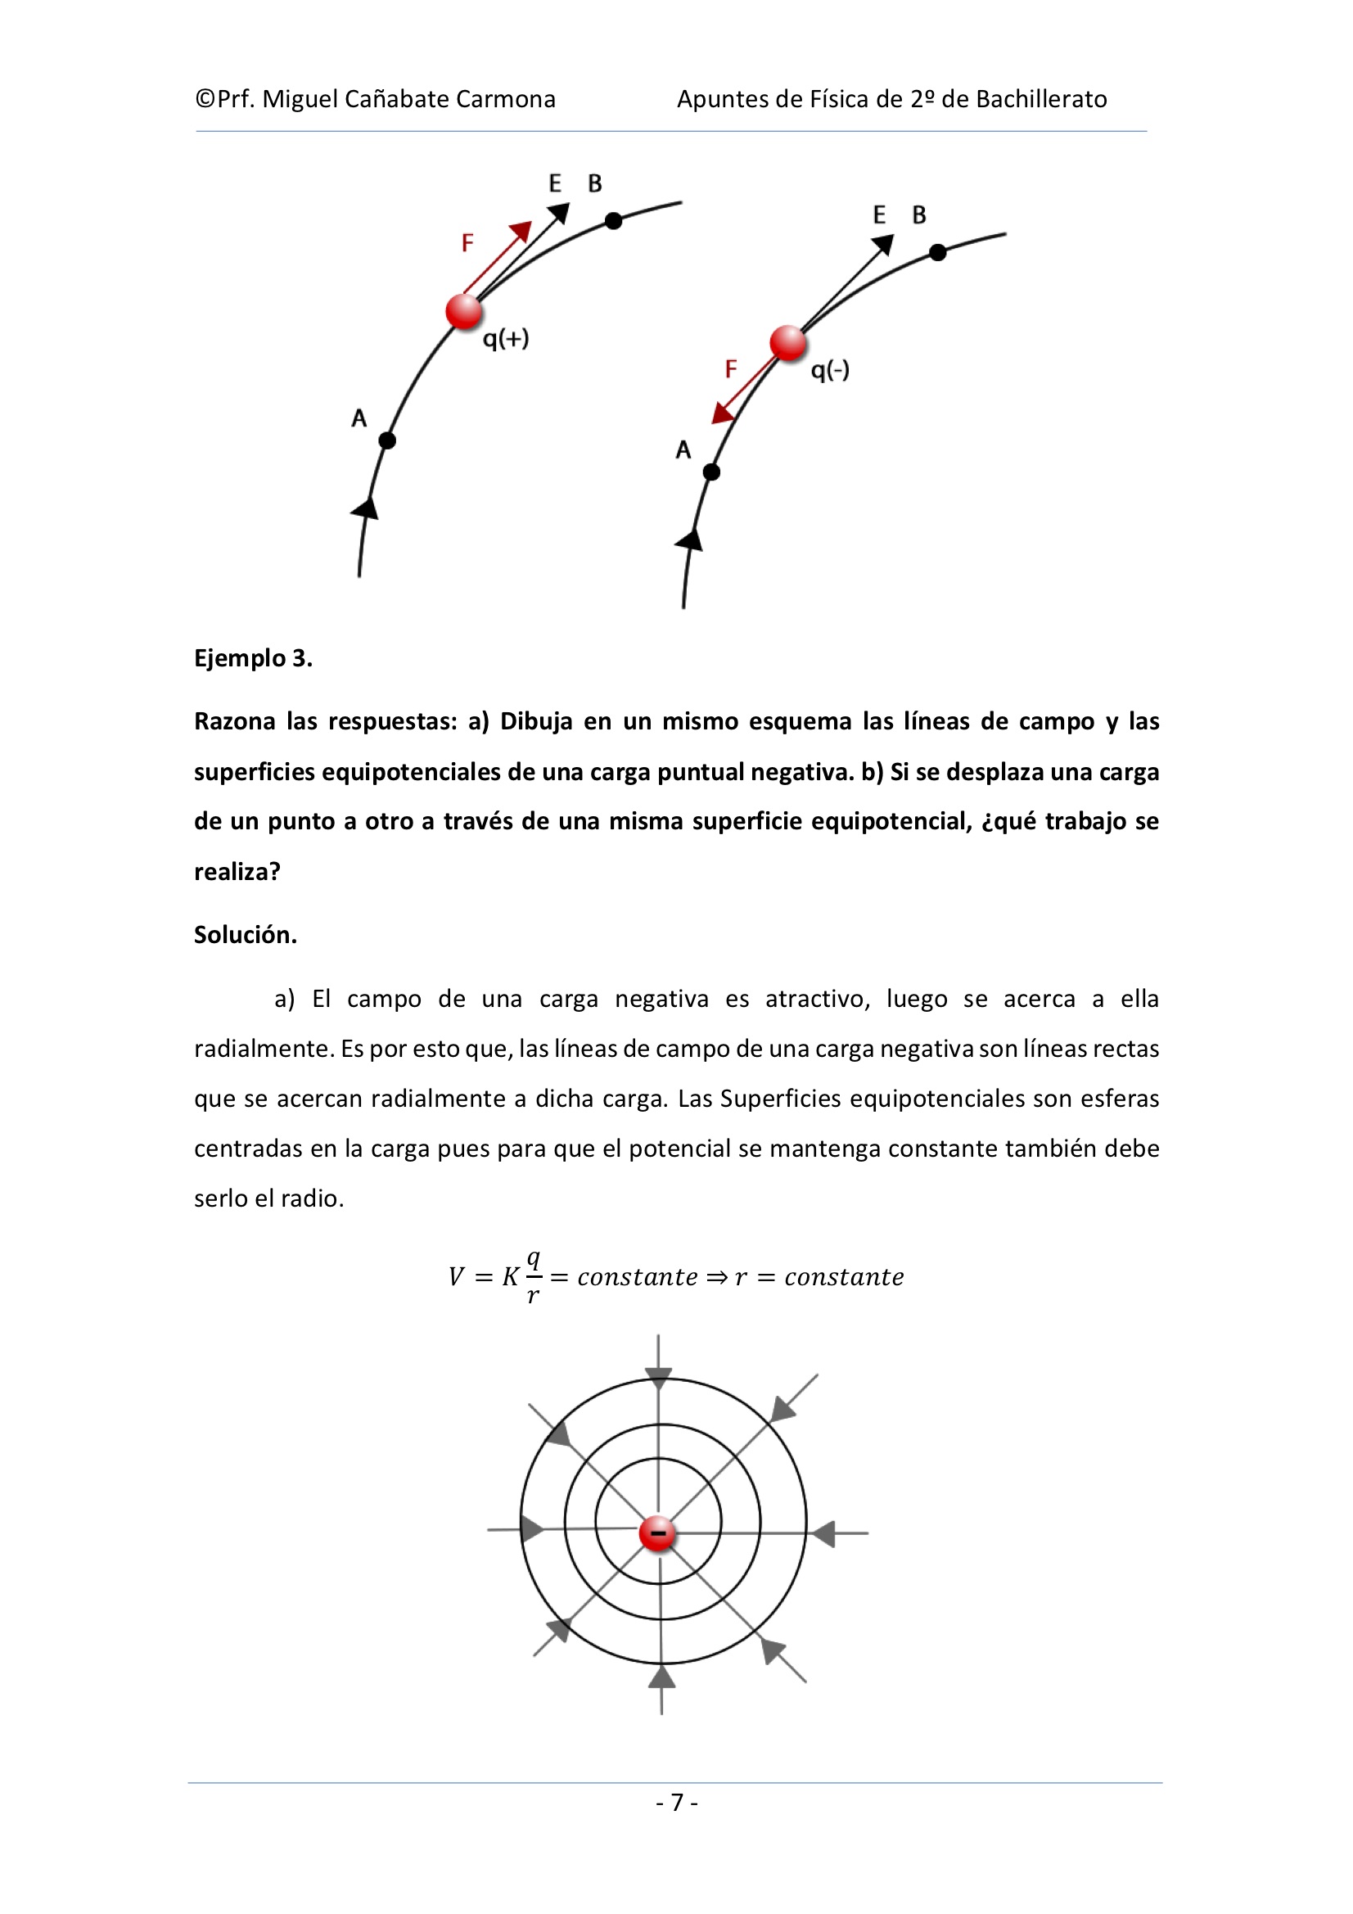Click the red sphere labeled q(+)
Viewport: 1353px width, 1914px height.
pyautogui.click(x=463, y=311)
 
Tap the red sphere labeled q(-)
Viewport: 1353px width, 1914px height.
pyautogui.click(x=787, y=343)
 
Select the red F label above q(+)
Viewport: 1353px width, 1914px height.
pyautogui.click(x=467, y=242)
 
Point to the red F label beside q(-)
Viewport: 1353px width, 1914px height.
pyautogui.click(x=731, y=368)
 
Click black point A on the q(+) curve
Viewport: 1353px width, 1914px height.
pyautogui.click(x=387, y=440)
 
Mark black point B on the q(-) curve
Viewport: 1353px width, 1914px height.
pyautogui.click(x=938, y=252)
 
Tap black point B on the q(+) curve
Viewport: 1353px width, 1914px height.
pyautogui.click(x=614, y=221)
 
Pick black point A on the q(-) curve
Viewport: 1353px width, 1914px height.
pyautogui.click(x=711, y=472)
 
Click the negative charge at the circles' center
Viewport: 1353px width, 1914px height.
pyautogui.click(x=658, y=1533)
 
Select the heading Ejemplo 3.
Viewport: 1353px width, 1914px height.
pyautogui.click(x=254, y=658)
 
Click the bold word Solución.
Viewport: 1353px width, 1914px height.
pyautogui.click(x=245, y=935)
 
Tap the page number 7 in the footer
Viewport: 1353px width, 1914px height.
pyautogui.click(x=677, y=1803)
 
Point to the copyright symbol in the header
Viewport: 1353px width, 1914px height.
pyautogui.click(x=205, y=99)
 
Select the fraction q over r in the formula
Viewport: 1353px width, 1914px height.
pyautogui.click(x=534, y=1276)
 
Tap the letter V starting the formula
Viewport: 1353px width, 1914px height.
pyautogui.click(x=456, y=1277)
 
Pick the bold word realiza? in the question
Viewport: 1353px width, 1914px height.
pyautogui.click(x=237, y=871)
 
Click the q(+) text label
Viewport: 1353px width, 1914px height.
pyautogui.click(x=506, y=338)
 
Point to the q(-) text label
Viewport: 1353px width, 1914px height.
pyautogui.click(x=830, y=370)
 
